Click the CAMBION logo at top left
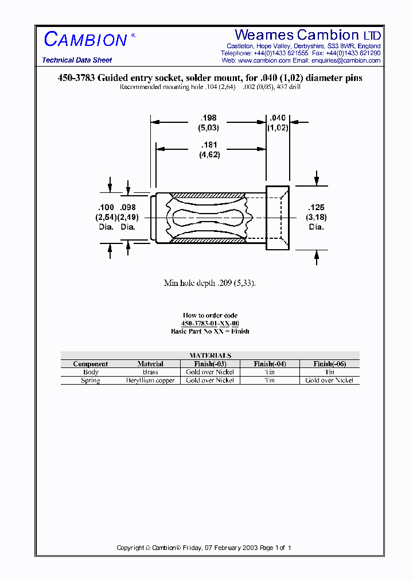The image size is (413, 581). point(86,40)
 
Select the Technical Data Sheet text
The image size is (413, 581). point(77,60)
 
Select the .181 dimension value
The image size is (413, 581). point(209,145)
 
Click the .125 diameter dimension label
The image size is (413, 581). point(316,207)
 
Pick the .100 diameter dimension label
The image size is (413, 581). point(106,207)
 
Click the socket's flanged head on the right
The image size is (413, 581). point(278,218)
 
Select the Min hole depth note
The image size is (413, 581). point(209,283)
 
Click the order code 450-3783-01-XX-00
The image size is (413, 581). point(210,324)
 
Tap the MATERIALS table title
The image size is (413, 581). point(210,355)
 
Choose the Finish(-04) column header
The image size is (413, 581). point(270,364)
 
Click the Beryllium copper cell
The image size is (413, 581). point(150,381)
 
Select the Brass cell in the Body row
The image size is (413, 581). point(150,372)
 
